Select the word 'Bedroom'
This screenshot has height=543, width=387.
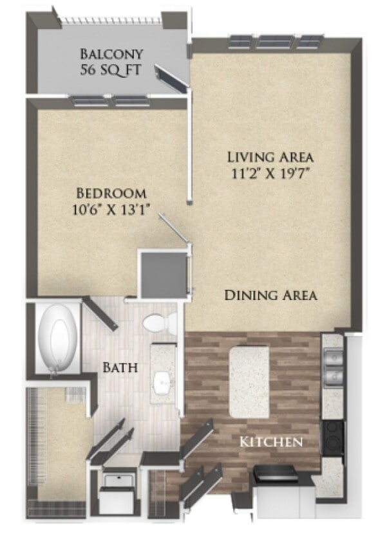[x=111, y=193]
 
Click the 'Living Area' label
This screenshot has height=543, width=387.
[x=270, y=156]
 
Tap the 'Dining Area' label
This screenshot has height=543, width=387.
[x=270, y=295]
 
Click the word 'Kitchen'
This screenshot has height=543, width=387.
[x=271, y=442]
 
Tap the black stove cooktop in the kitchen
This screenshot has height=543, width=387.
[x=333, y=437]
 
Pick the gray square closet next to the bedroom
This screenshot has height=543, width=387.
[x=164, y=275]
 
